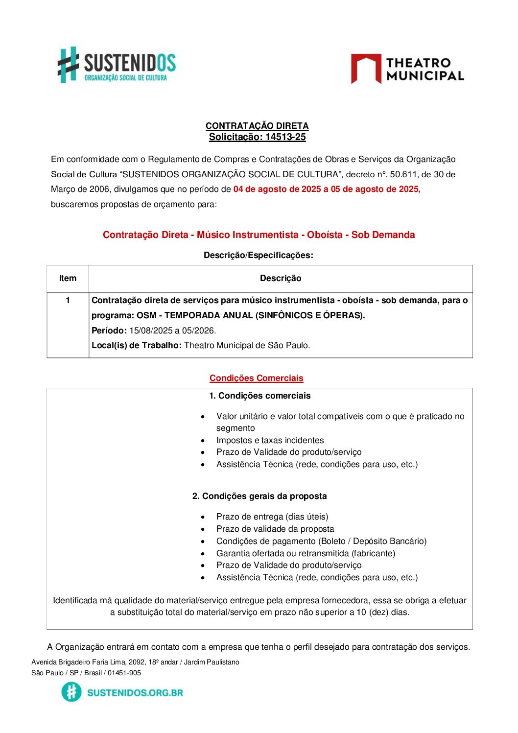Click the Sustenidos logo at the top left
[x=117, y=65]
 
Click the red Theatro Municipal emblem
[x=366, y=69]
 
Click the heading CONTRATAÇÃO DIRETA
[x=257, y=126]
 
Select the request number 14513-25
[x=285, y=137]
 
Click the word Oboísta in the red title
[x=325, y=235]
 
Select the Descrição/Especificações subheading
[x=258, y=255]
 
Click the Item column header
[x=68, y=278]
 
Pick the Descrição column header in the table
[x=281, y=278]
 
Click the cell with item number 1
[x=68, y=300]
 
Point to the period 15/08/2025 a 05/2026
[x=172, y=331]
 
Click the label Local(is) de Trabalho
[x=136, y=345]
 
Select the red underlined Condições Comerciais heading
[x=256, y=378]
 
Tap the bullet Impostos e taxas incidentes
[x=270, y=440]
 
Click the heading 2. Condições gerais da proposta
[x=259, y=496]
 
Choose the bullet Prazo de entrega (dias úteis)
[x=272, y=517]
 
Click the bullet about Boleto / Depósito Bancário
[x=321, y=541]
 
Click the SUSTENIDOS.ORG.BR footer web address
[x=135, y=692]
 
